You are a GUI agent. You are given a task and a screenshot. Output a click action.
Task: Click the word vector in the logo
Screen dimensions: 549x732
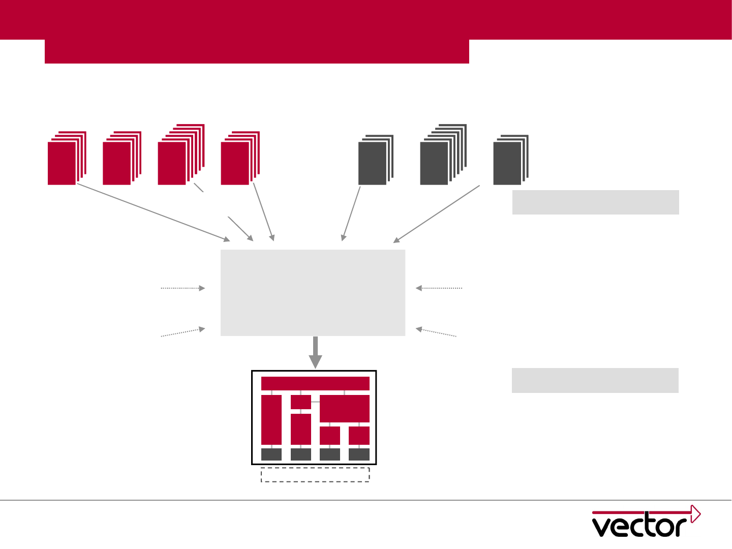point(639,526)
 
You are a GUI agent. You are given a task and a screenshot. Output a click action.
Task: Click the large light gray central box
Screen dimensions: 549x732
point(313,292)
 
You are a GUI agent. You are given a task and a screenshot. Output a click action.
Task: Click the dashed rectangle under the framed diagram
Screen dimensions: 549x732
point(315,474)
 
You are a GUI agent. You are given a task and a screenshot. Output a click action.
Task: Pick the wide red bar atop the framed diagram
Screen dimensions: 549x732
point(315,384)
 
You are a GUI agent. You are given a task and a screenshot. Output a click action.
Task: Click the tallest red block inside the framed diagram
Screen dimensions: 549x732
point(271,420)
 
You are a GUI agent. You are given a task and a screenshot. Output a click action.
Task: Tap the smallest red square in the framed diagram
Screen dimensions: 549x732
point(300,402)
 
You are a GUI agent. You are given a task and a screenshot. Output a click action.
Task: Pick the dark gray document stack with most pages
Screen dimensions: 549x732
point(442,155)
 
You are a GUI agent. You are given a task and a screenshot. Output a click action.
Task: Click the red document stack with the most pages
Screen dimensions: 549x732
point(180,155)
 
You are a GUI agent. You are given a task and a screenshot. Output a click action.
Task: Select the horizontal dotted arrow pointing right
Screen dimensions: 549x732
point(183,288)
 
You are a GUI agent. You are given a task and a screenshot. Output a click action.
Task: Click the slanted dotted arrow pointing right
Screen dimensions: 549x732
point(183,332)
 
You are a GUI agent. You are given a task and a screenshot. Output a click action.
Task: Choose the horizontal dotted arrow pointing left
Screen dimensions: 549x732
point(439,288)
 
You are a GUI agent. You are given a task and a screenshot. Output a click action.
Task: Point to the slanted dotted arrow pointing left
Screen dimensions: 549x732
point(436,332)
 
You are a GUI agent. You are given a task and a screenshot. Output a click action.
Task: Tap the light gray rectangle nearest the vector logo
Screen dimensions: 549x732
point(595,380)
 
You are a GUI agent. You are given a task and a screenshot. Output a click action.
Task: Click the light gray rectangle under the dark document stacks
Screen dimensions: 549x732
point(595,202)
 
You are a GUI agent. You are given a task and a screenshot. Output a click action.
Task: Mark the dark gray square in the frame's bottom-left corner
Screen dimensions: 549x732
point(271,454)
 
